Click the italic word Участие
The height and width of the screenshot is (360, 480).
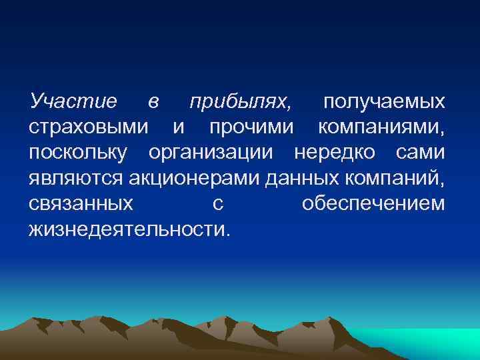click(x=73, y=102)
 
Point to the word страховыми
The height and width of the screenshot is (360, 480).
click(x=89, y=127)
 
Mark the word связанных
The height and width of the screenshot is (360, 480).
click(x=81, y=203)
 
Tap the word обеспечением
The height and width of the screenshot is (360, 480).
click(x=373, y=203)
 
